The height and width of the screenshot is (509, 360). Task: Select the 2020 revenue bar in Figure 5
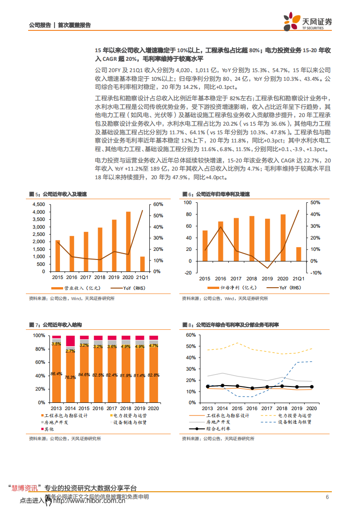[128, 241]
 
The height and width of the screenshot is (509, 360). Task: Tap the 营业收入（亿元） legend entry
[73, 288]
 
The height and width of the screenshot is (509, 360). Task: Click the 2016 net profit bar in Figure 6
[221, 241]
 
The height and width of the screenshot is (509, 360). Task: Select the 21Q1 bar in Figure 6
[298, 254]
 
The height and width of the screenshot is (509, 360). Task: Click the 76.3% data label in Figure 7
[70, 377]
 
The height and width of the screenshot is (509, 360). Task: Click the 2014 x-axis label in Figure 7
[70, 408]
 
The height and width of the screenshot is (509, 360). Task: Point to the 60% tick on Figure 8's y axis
[191, 335]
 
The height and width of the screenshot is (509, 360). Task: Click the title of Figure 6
[216, 194]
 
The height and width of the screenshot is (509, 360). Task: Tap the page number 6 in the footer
[327, 497]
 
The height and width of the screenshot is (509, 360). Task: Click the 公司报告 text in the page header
[39, 25]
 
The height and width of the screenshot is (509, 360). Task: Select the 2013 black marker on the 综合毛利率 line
[208, 387]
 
